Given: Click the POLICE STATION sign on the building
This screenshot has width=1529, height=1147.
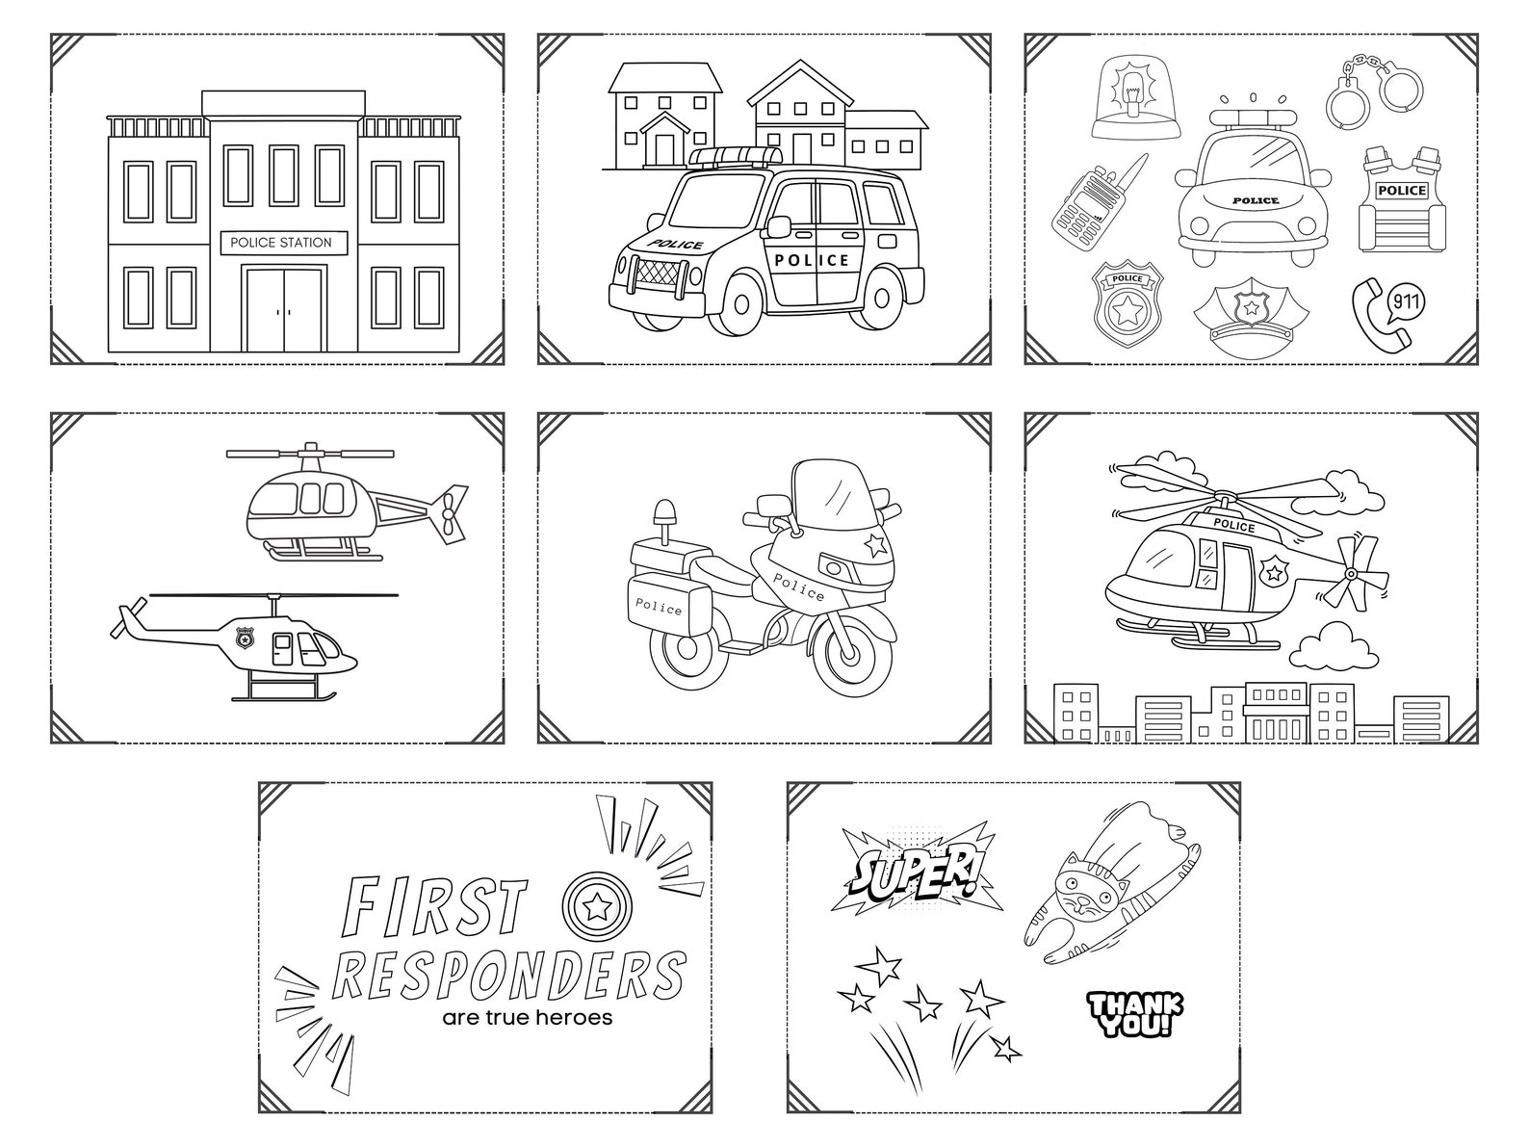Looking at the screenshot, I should coord(280,243).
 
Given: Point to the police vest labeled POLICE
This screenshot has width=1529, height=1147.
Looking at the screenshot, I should coord(1401,202).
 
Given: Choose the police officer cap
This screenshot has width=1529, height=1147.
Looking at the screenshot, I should coord(1251,314).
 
